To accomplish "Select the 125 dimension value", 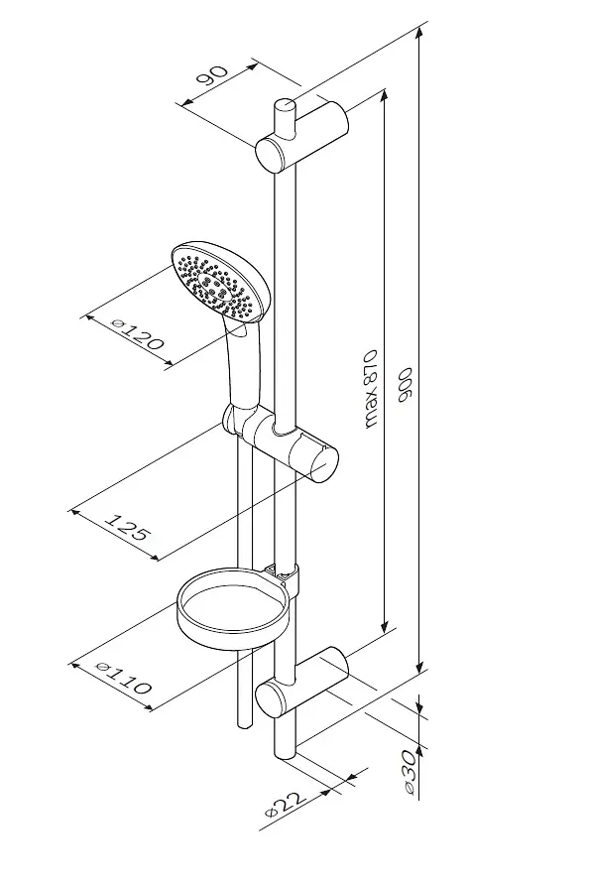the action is coord(127,527).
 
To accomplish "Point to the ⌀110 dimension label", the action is coord(124,676).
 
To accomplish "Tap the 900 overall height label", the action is coord(406,385).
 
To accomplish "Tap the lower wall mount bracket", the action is coord(301,683).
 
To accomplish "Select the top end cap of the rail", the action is coord(284,104).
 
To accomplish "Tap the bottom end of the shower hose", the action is coord(245,724).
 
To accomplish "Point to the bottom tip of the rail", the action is coord(284,757).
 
